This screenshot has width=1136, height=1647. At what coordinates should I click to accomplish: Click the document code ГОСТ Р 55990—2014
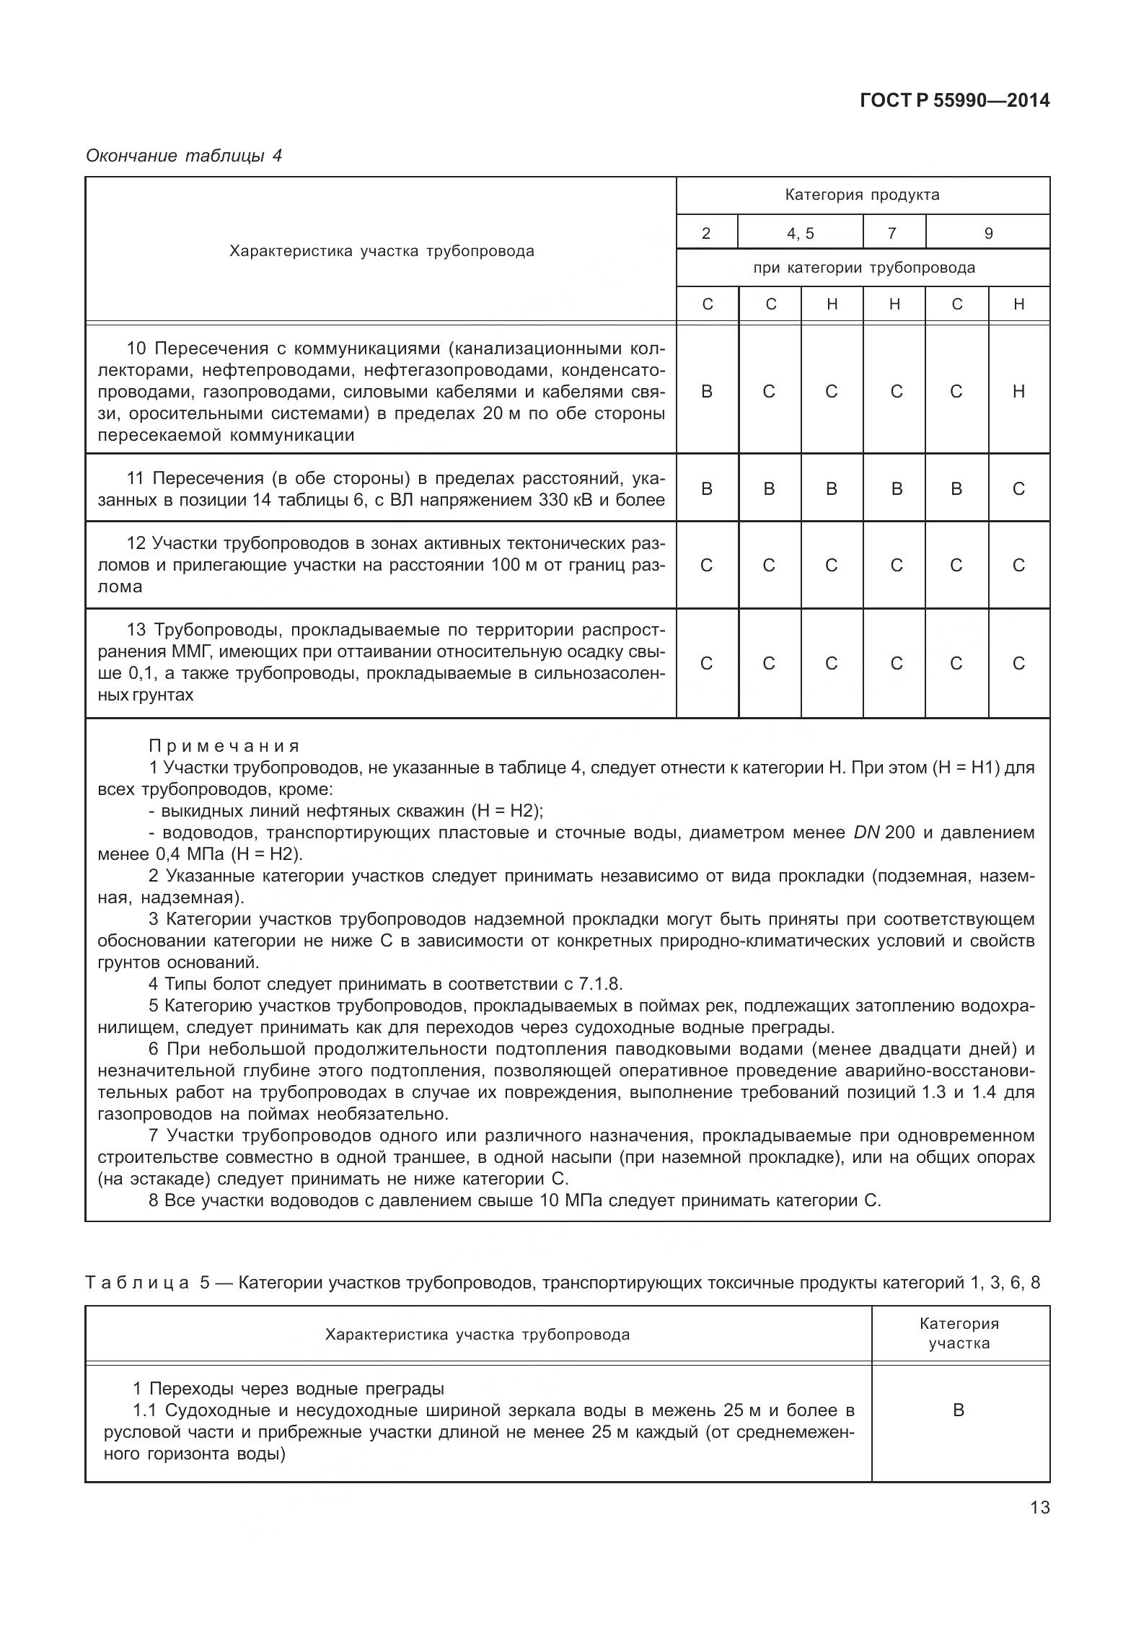coord(954,100)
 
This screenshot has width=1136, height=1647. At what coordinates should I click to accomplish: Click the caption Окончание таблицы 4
coord(183,155)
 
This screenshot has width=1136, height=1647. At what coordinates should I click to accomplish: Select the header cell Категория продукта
coord(862,195)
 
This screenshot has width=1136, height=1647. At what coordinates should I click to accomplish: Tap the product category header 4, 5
coord(800,233)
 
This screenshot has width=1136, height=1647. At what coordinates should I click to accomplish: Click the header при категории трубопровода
coord(863,268)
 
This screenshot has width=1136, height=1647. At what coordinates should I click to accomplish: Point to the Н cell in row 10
coord(1018,392)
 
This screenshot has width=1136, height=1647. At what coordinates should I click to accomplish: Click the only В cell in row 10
coord(706,392)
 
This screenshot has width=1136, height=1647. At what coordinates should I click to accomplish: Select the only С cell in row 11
coord(1018,489)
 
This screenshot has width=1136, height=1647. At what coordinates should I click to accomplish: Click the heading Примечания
coord(224,746)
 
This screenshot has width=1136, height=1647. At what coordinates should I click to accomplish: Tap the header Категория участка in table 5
coord(959,1333)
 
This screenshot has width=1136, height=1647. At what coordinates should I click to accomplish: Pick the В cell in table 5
coord(958,1410)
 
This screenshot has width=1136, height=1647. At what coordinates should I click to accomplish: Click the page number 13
coord(1039,1508)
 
